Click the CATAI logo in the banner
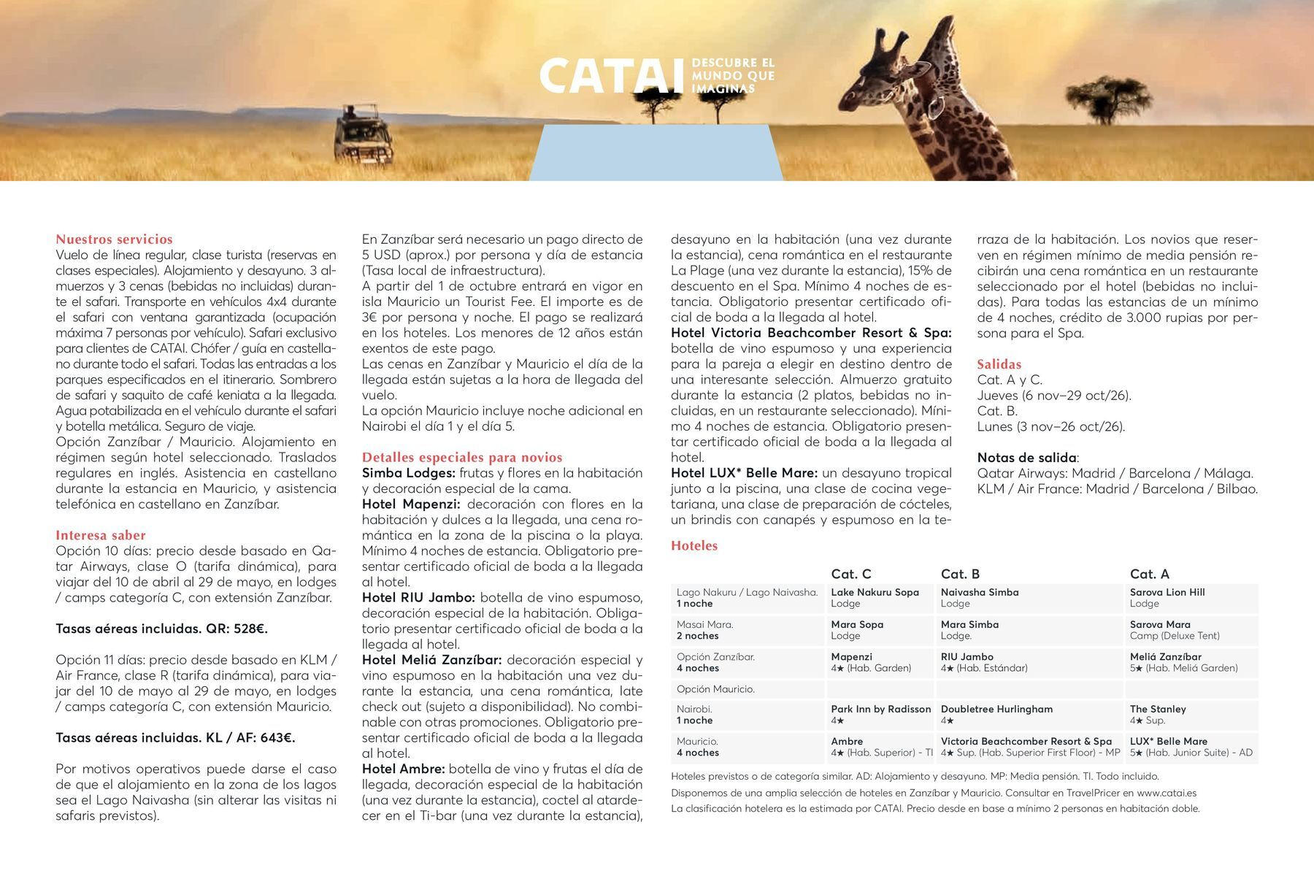tap(613, 77)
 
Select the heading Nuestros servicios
tap(115, 239)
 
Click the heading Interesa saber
tap(101, 535)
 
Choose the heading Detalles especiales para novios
tap(462, 458)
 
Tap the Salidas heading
tap(999, 364)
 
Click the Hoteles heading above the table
tap(694, 546)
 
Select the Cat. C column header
tap(850, 574)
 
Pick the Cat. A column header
tap(1150, 574)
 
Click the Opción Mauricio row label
tap(715, 689)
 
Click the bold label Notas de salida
tap(1026, 458)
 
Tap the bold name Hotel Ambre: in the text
tap(403, 769)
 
